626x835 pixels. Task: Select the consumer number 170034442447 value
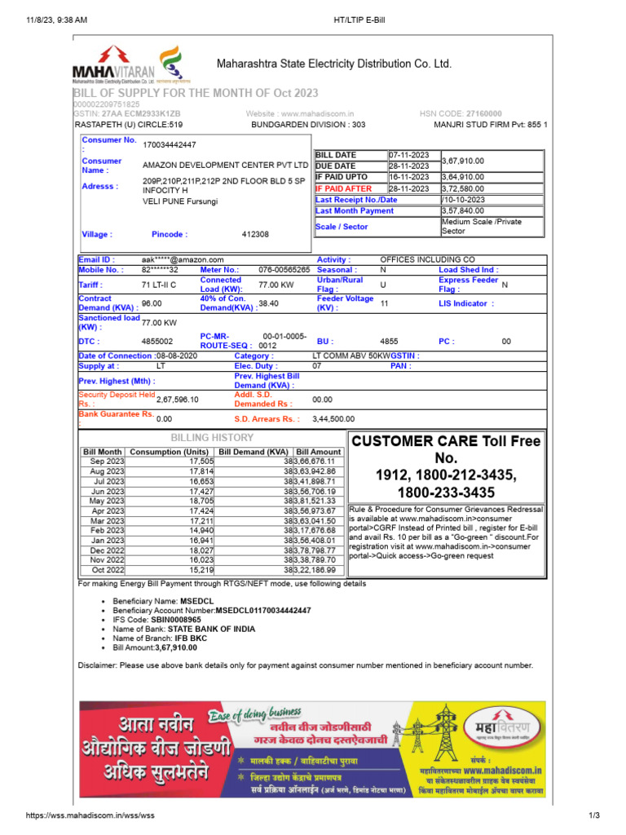(x=170, y=144)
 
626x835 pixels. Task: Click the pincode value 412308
(x=255, y=234)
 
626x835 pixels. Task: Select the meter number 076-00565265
(x=284, y=269)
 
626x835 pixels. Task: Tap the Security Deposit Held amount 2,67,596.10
(x=177, y=399)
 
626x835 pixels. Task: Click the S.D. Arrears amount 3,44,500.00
(x=333, y=419)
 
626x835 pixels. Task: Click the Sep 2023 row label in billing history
(x=107, y=461)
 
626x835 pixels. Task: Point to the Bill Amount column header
(x=319, y=451)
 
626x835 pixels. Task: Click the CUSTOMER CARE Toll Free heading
(x=446, y=441)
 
